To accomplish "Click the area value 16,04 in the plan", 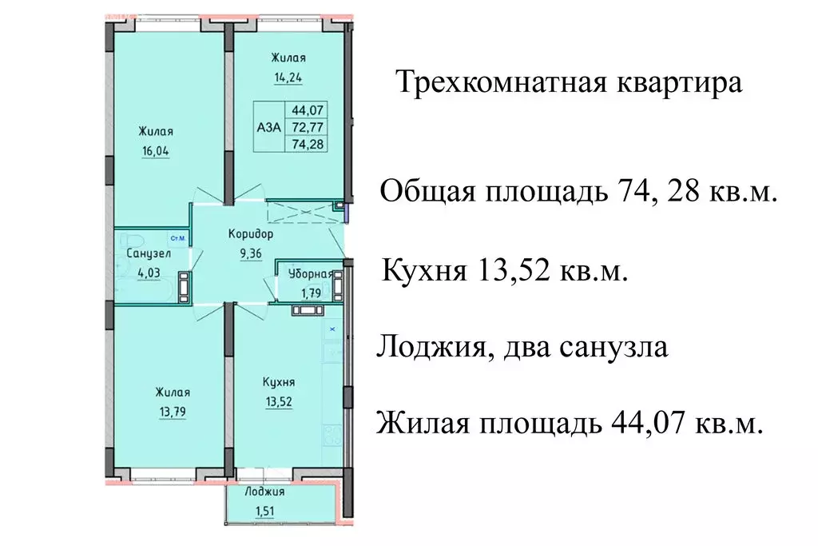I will [x=156, y=149].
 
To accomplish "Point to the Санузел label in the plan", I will [x=147, y=253].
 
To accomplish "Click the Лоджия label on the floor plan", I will [x=264, y=492].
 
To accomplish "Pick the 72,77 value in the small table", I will [x=308, y=126].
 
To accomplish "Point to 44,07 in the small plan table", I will [x=308, y=111].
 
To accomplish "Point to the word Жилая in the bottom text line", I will [x=424, y=423].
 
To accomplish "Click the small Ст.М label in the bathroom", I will [x=177, y=238].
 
